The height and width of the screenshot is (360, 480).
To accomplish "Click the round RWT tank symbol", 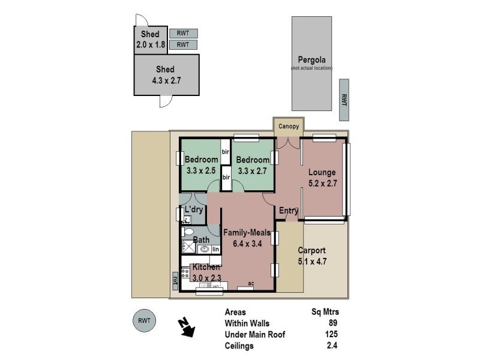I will [x=144, y=320].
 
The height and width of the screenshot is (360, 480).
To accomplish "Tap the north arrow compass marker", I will [x=186, y=328].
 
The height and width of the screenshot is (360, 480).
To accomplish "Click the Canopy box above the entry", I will [x=289, y=127].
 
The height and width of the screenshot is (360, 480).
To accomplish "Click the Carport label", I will [x=311, y=250].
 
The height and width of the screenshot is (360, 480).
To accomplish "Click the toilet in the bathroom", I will [x=188, y=232].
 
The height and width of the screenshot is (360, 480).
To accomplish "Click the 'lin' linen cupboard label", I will [x=215, y=249].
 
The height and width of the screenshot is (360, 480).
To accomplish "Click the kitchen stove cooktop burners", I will [x=185, y=274].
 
